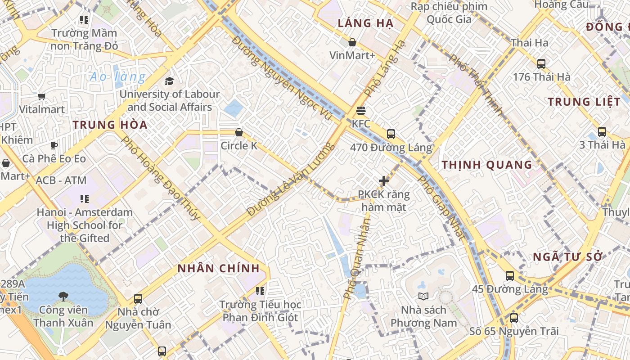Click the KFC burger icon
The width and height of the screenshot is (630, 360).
360,110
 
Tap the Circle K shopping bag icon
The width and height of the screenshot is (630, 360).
239,132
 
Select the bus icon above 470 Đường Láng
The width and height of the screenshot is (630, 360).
391,134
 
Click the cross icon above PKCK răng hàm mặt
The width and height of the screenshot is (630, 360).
384,181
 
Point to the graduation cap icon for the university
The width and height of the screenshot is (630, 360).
169,81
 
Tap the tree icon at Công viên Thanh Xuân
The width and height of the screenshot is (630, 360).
63,296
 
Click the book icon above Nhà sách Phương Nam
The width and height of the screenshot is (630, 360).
423,296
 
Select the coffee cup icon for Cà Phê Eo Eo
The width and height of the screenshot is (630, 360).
54,145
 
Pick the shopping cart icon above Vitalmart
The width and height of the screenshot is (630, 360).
42,96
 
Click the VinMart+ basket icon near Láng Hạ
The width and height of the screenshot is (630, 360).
352,42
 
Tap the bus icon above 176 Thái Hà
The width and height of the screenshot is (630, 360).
541,64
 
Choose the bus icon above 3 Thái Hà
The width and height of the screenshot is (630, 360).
602,132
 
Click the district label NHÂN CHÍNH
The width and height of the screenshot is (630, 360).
218,269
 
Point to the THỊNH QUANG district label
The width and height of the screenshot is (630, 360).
487,165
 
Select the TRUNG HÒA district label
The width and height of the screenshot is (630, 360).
110,125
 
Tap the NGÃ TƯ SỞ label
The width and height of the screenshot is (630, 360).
567,257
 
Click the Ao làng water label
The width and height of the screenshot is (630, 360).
117,77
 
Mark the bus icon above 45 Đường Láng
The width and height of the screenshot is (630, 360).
509,275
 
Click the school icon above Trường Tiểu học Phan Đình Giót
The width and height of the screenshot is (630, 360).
260,291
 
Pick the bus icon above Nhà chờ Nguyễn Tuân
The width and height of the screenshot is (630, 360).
138,298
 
